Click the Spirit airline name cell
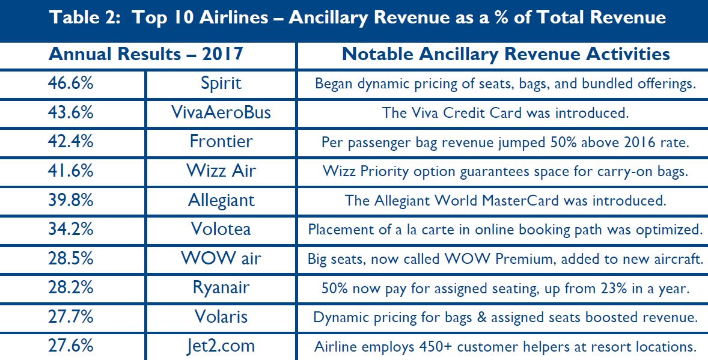coord(221,83)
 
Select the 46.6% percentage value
coord(71,83)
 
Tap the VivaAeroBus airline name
coord(221,112)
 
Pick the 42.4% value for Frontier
coord(71,141)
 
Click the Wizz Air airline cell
coord(221,171)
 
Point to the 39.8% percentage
coord(71,200)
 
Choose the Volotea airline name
coord(221,229)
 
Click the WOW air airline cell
coord(221,258)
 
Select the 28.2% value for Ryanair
coord(71,287)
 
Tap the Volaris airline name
coord(221,317)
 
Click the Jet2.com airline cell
coord(221,346)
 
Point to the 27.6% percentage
coord(71,346)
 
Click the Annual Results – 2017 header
coord(146,54)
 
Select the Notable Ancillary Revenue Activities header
coord(505,54)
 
